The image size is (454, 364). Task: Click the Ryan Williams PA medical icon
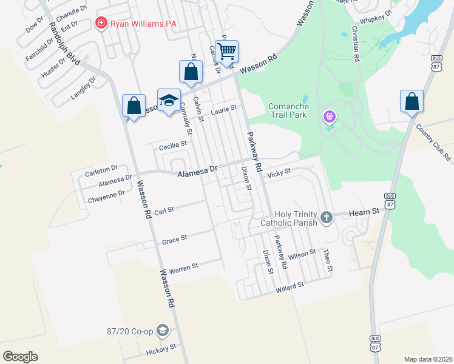point(101,23)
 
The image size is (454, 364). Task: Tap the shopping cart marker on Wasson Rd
point(226,52)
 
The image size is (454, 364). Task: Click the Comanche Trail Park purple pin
point(330,114)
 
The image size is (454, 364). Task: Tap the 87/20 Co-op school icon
point(162,330)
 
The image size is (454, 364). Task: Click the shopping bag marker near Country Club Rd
point(412,101)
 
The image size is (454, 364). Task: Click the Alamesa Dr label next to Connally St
point(197,174)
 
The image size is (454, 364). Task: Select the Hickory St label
point(161,349)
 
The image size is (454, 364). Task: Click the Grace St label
point(174,241)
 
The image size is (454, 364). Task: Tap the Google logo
point(20,357)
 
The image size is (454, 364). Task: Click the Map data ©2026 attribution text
point(428,359)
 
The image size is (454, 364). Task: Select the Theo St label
point(328,260)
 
